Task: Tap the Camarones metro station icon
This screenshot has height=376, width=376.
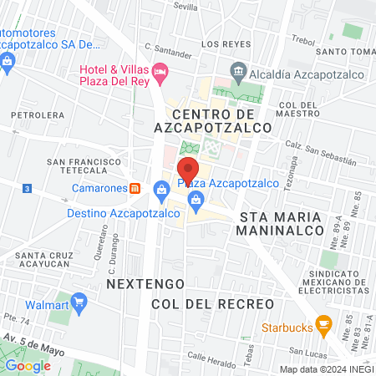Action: pos(135,188)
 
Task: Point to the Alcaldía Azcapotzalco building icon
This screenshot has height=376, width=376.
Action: pos(239,71)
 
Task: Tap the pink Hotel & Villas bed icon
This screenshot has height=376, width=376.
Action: pos(161,73)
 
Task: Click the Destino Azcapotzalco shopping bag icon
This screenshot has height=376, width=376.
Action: pos(160,198)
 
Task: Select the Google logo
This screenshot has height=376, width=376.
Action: pos(28,365)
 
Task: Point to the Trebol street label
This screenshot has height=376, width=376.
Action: pos(302,39)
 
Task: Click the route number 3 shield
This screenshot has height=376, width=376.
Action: pos(28,189)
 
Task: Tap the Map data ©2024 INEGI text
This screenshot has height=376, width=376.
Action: pos(324,368)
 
